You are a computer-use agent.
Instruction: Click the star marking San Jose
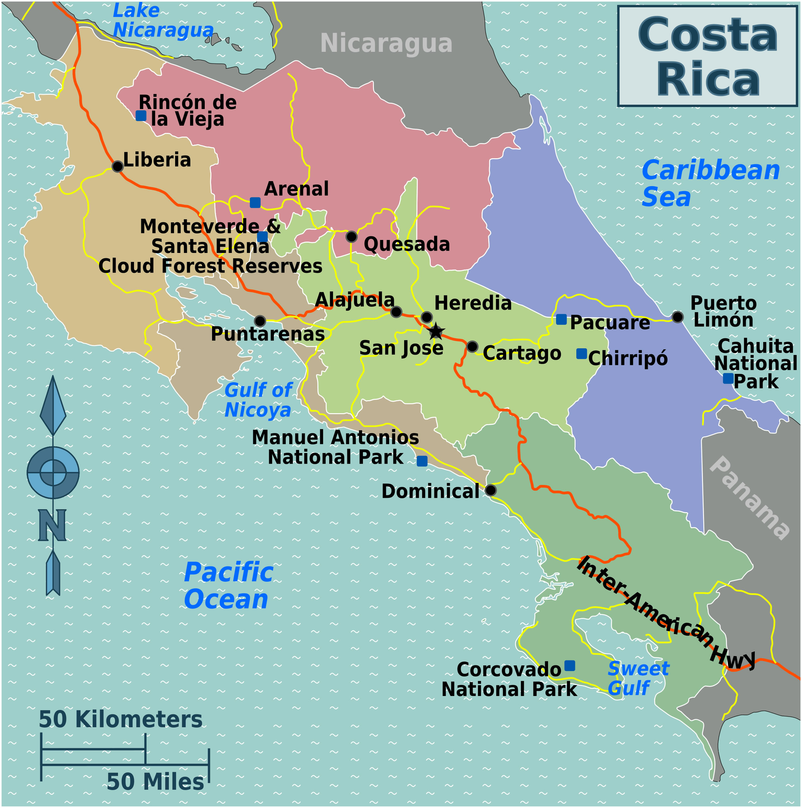coord(436,331)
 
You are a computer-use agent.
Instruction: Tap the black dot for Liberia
coord(118,167)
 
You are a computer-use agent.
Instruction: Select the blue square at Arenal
coord(255,203)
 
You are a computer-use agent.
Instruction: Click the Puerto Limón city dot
coord(677,317)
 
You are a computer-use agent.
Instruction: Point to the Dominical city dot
coord(491,490)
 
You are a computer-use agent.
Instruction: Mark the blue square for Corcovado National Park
coord(570,666)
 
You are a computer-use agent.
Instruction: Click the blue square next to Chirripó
coord(581,354)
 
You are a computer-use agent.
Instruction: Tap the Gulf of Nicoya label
coord(258,400)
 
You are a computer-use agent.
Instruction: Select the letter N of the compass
coord(52,525)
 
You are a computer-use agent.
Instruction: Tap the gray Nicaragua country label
coord(386,44)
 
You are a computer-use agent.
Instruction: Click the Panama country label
coord(750,498)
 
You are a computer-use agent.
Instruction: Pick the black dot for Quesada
coord(351,237)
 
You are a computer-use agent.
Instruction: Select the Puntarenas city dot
coord(260,321)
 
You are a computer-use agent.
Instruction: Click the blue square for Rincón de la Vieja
coord(141,116)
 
